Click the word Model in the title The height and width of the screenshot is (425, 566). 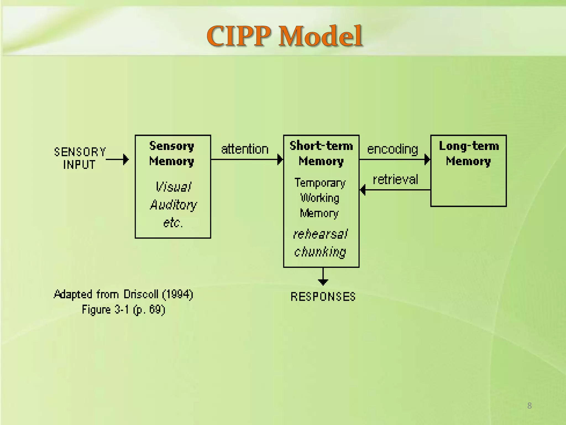(321, 36)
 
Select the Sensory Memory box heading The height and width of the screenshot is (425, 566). (172, 153)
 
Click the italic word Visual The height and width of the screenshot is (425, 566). (173, 187)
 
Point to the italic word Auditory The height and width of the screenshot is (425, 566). (173, 205)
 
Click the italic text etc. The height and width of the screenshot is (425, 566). (173, 223)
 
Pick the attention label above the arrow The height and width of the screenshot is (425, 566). (245, 149)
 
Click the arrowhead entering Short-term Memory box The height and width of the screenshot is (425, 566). (280, 160)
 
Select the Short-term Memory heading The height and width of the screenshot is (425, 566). (321, 153)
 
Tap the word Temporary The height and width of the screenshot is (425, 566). (320, 183)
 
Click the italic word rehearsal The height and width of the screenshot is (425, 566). (320, 234)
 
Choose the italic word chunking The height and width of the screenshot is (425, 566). (320, 252)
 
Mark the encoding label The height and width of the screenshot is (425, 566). (392, 149)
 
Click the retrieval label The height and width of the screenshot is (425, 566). (395, 180)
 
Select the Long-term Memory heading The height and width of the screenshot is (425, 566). (469, 153)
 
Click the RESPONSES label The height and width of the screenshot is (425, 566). (323, 297)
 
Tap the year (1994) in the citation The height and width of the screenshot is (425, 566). (177, 294)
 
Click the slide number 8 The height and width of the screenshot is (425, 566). (529, 406)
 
